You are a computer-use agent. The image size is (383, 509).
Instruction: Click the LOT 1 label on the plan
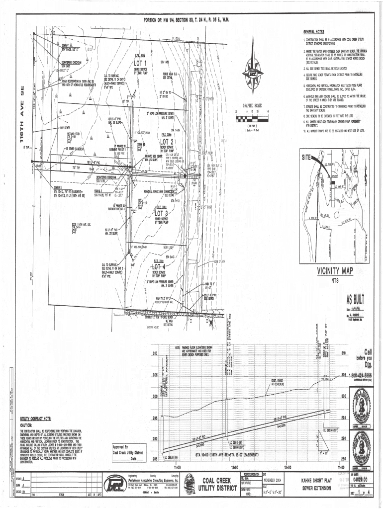click(x=140, y=64)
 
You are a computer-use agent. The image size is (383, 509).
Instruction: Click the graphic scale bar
click(x=252, y=118)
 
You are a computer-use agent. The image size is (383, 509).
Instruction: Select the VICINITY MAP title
click(x=334, y=271)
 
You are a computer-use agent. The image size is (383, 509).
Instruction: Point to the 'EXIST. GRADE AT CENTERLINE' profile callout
click(x=278, y=383)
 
